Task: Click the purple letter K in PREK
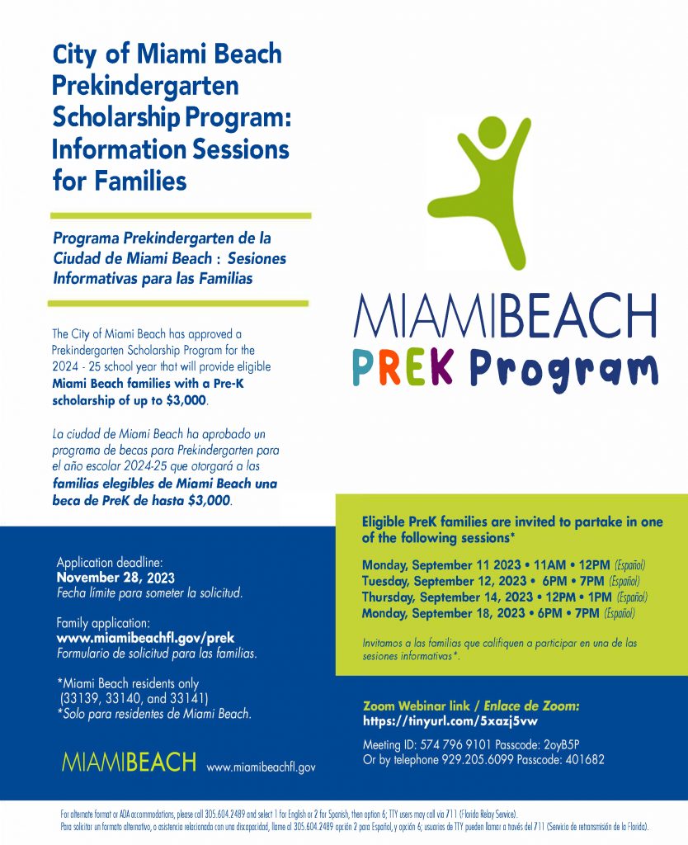(x=441, y=367)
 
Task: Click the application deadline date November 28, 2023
(x=115, y=578)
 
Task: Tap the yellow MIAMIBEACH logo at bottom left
(x=129, y=762)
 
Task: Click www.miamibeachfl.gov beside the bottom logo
(x=261, y=767)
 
